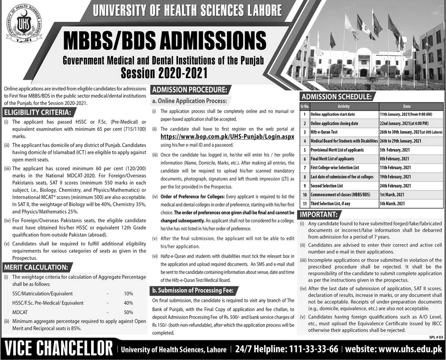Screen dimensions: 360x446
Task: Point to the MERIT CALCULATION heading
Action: pyautogui.click(x=36, y=267)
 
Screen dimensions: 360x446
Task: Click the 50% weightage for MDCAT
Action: pyautogui.click(x=128, y=312)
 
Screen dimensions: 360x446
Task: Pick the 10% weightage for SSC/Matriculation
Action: pyautogui.click(x=128, y=294)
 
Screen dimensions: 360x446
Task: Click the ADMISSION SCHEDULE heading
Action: pyautogui.click(x=335, y=96)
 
